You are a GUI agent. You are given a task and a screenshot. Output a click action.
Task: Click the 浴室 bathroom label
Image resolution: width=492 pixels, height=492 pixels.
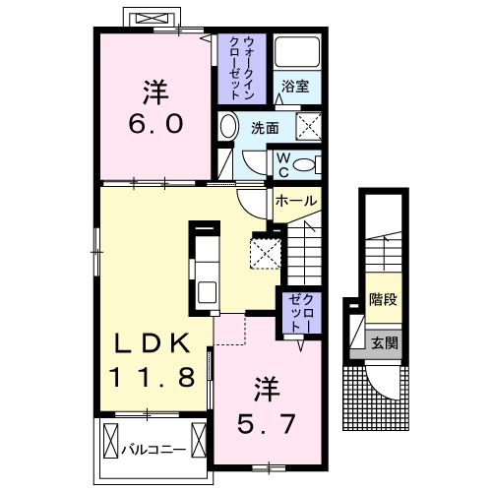point(295,88)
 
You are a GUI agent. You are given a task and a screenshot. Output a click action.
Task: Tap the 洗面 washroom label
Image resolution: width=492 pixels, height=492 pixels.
point(263,128)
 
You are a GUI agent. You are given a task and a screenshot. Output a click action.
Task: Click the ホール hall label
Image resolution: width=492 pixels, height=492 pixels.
point(296,201)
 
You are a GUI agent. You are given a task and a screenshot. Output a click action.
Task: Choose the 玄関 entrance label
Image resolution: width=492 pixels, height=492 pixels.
point(384,343)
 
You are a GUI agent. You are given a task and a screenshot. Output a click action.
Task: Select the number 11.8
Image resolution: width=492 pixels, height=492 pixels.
point(156,375)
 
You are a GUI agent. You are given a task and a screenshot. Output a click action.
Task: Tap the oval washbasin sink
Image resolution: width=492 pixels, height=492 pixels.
point(228,128)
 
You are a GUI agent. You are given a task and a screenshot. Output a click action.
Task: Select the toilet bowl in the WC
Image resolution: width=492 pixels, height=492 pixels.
point(306,164)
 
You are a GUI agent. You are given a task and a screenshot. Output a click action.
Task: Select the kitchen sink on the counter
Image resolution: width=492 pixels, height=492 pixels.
point(207,291)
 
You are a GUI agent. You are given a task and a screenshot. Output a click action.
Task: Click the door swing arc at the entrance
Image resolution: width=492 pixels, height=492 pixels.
point(379,379)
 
